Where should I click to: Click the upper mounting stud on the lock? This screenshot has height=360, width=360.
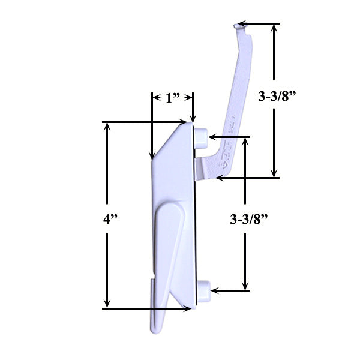[202, 136]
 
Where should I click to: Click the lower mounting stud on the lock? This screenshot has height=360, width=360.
[203, 289]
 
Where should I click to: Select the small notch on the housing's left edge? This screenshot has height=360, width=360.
[153, 278]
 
